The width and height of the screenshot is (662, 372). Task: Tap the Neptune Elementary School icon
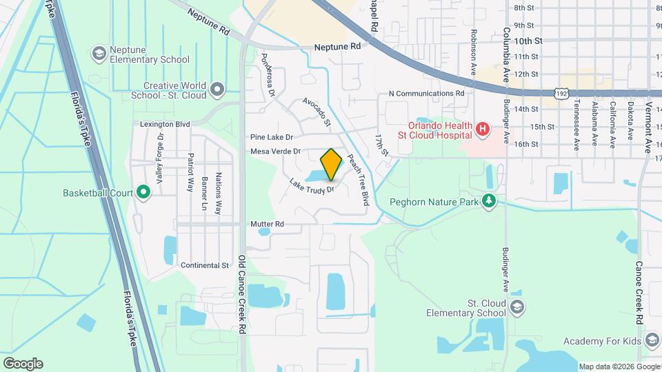[x=99, y=53]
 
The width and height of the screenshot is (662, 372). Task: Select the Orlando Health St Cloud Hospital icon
[x=483, y=128]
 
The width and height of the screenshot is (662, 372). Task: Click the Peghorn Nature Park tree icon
[x=490, y=201]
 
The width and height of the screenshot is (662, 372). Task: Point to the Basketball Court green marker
[x=143, y=192]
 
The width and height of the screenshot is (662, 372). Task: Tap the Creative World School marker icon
[x=218, y=90]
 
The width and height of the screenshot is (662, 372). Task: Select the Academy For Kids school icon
[x=652, y=341]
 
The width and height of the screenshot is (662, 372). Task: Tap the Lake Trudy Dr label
[x=312, y=185]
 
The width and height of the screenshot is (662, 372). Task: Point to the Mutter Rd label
[x=267, y=224]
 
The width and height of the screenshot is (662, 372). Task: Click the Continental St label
[x=204, y=265]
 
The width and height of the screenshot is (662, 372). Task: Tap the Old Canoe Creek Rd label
[x=242, y=294]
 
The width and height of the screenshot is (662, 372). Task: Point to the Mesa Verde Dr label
[x=276, y=151]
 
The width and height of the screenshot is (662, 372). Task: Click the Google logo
[x=23, y=363]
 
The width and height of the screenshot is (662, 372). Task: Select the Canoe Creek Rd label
[x=639, y=293]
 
